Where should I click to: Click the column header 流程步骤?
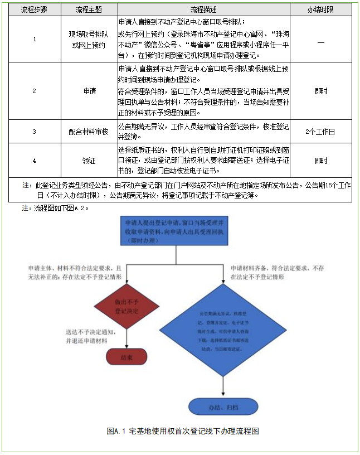tap(35, 9)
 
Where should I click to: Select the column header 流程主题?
tap(89, 9)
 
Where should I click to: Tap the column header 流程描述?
tap(203, 9)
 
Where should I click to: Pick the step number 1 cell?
tap(35, 40)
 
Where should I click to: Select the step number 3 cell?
tap(35, 132)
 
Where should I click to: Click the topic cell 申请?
tap(89, 91)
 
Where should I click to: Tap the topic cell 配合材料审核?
tap(89, 132)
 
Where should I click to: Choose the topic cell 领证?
tap(89, 161)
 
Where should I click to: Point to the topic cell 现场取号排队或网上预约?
tap(89, 40)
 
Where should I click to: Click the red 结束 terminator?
tap(127, 357)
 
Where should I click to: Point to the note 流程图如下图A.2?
tap(55, 208)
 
